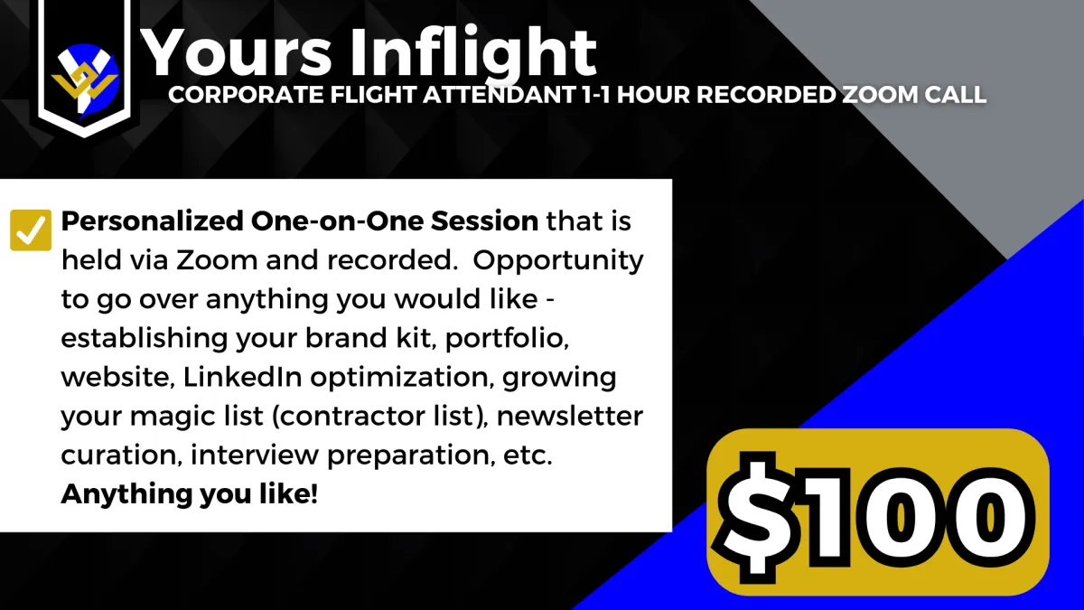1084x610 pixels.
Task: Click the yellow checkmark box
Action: pyautogui.click(x=31, y=230)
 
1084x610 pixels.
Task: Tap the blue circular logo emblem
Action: pyautogui.click(x=85, y=80)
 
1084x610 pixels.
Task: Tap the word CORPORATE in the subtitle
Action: pyautogui.click(x=246, y=94)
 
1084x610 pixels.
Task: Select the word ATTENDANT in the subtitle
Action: pyautogui.click(x=500, y=94)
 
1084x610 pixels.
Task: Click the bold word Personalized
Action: pyautogui.click(x=152, y=221)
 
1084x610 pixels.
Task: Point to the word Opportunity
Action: pyautogui.click(x=558, y=261)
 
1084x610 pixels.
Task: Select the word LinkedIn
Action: pyautogui.click(x=242, y=377)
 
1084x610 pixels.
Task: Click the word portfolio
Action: pyautogui.click(x=507, y=339)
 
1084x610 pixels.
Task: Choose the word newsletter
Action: pyautogui.click(x=570, y=416)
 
